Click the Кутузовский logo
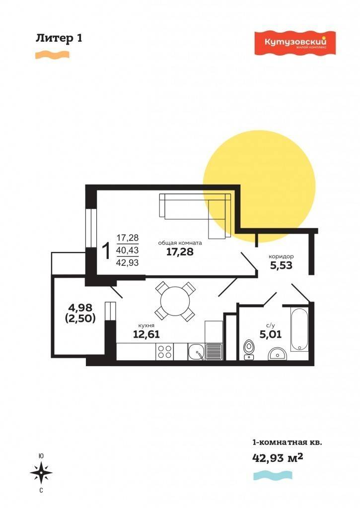pos(295,43)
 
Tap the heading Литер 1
pos(59,38)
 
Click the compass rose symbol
pos(41,473)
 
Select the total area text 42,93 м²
pos(278,457)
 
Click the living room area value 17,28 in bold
pos(180,252)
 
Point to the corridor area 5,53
pos(281,265)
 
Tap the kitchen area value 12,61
pos(146,334)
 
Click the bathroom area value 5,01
pos(270,334)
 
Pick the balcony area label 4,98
pos(80,307)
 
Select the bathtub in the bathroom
pos(299,329)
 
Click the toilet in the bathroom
pos(249,349)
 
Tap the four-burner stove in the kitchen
pos(164,352)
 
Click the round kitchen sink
pos(196,352)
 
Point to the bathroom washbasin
pos(278,354)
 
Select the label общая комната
pos(180,243)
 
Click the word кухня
pos(146,325)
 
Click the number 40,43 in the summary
pos(128,250)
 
